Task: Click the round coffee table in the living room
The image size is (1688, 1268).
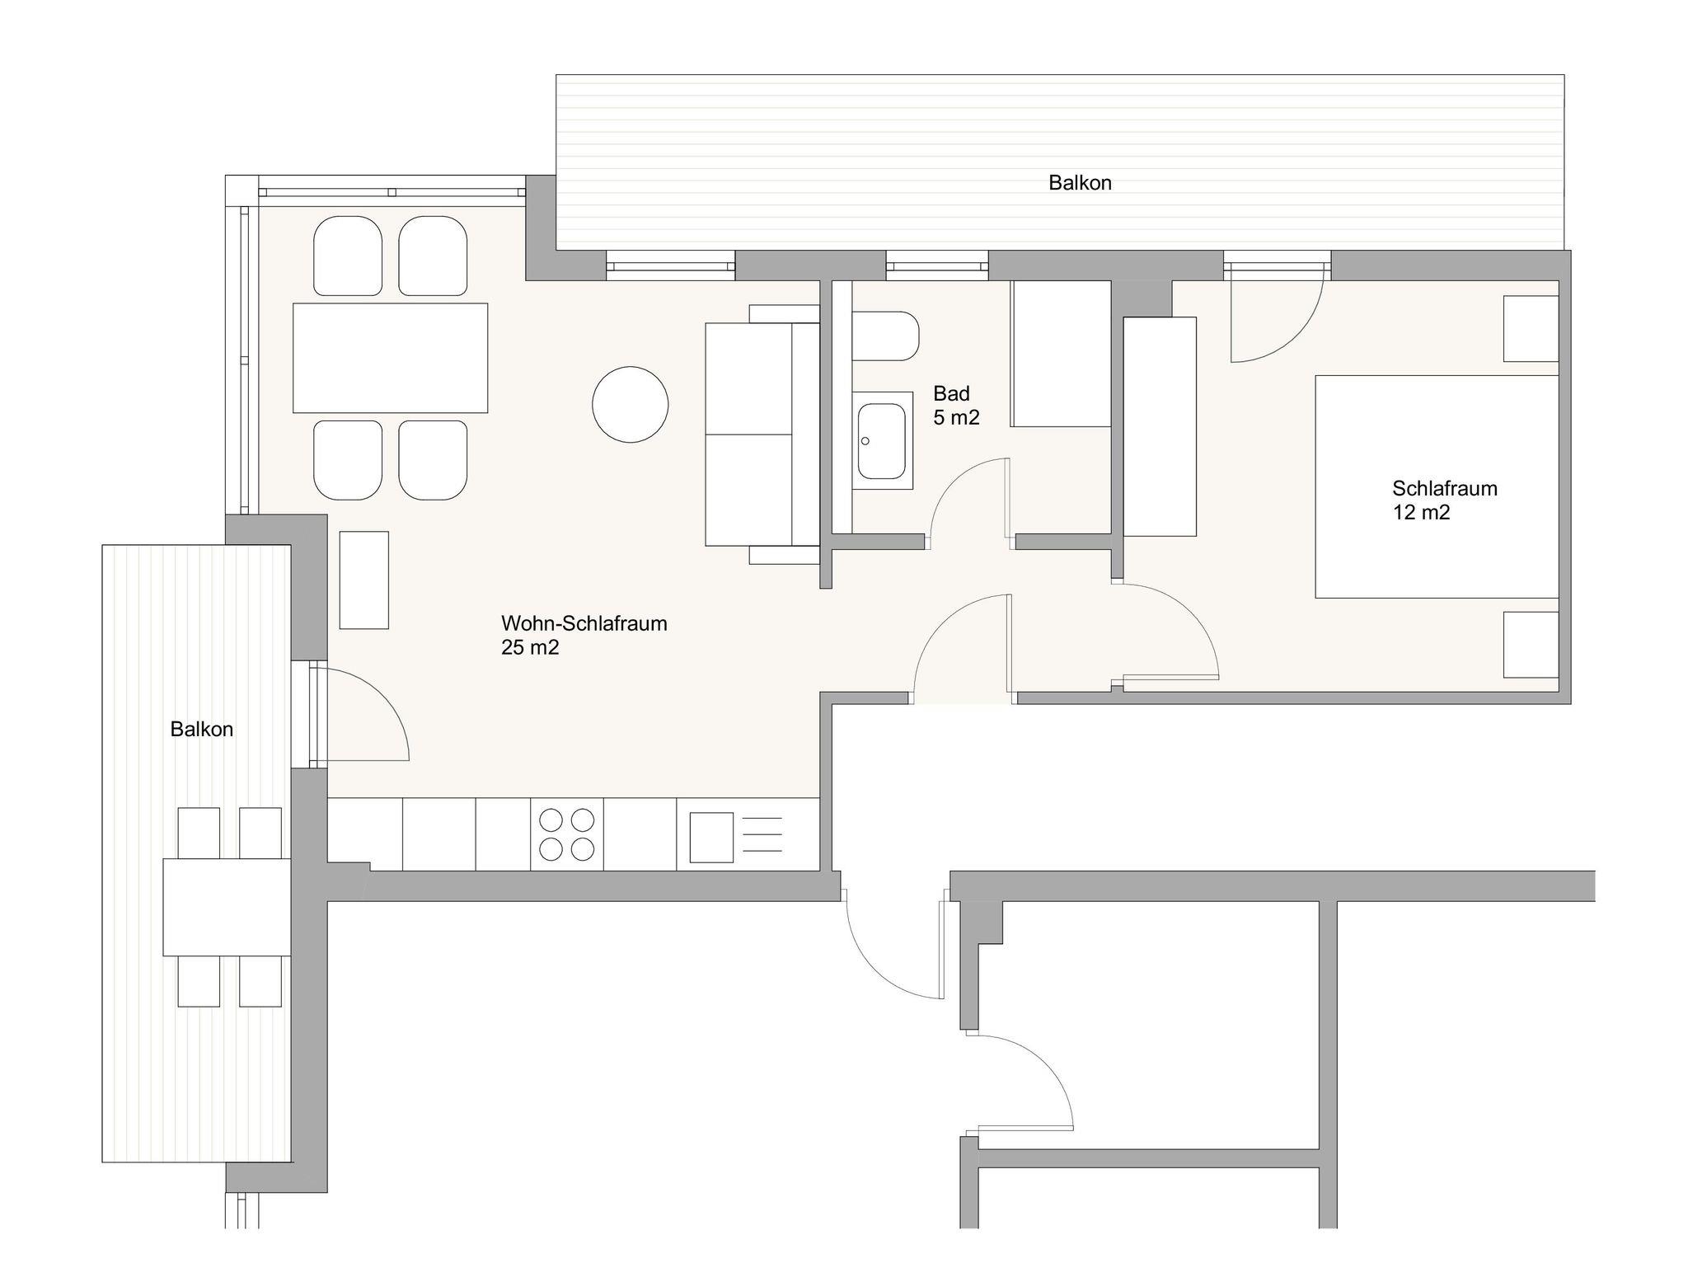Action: coord(631,405)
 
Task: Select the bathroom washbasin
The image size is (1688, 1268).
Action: coord(882,440)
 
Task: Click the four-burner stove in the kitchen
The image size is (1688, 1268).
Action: coord(567,834)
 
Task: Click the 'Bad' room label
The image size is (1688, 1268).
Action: coord(952,393)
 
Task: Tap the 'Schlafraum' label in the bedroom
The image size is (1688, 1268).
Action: coord(1445,488)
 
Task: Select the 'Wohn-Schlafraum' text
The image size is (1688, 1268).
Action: coord(584,623)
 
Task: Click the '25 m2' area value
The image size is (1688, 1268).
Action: coord(530,648)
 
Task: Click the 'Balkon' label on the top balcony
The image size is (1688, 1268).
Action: coord(1080,183)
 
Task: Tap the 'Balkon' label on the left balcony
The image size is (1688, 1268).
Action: coord(202,730)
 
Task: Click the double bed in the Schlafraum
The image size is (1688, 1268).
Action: coord(1437,486)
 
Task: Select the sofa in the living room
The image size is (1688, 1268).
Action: coord(762,434)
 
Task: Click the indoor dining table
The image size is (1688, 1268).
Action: coord(390,358)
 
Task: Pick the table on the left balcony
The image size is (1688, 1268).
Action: coord(227,907)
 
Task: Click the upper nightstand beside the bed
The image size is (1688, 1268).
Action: coord(1531,329)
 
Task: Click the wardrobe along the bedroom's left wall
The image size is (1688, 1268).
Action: coord(1160,426)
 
